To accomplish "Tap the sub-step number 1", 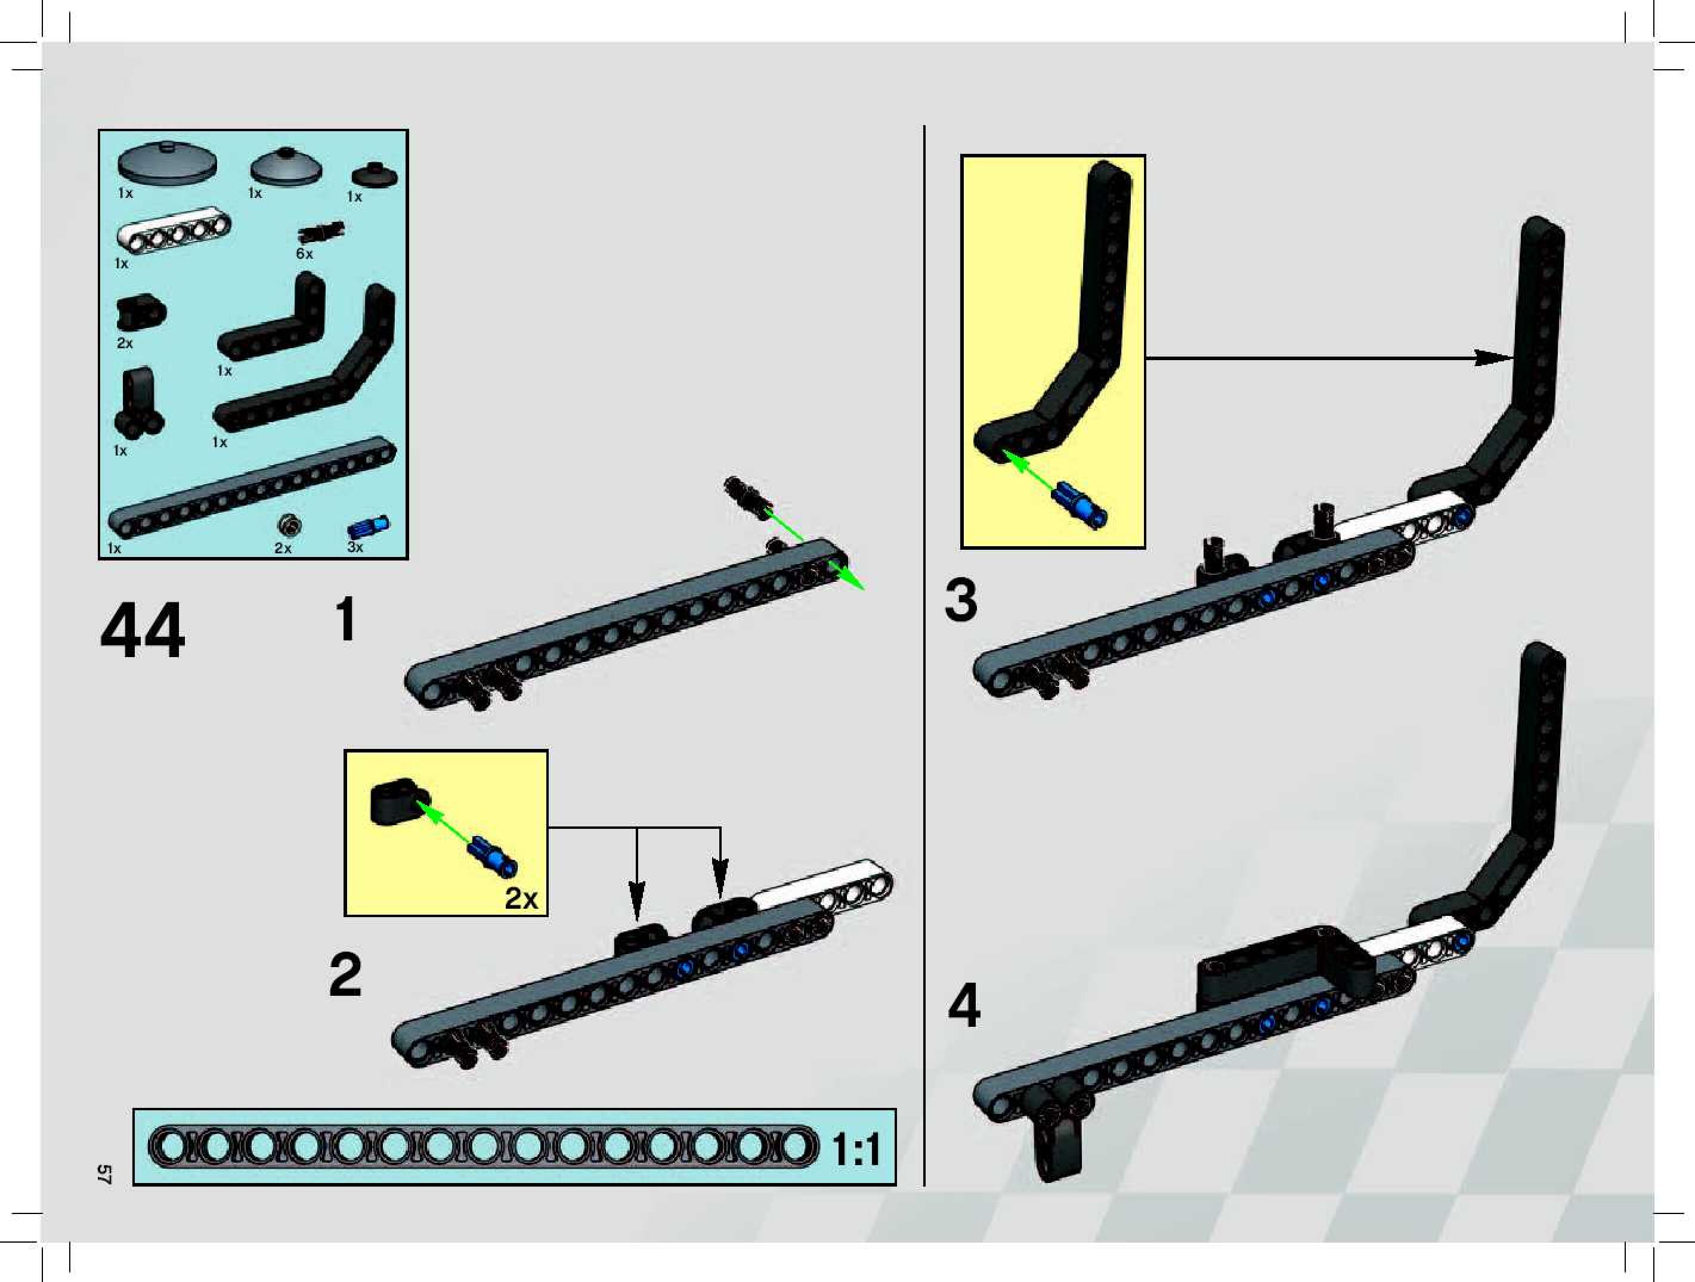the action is (347, 619).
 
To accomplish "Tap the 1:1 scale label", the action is (856, 1150).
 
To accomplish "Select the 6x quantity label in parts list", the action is (304, 253).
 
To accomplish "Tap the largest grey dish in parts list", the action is (167, 162).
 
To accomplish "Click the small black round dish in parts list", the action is (374, 175).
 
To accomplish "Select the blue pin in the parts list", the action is (369, 527).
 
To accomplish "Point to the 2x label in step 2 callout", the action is (521, 898).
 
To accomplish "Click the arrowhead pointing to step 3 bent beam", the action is (1493, 358).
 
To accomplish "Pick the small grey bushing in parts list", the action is (289, 526).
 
